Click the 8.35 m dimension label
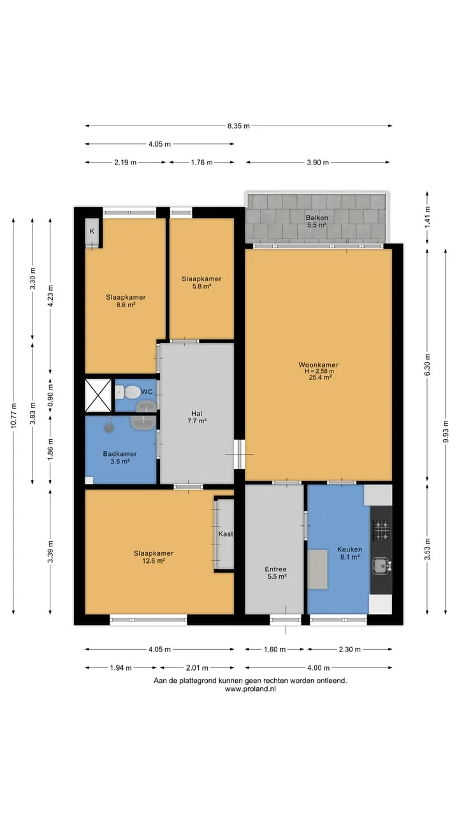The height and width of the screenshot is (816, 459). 238,126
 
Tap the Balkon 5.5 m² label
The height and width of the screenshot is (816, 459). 317,221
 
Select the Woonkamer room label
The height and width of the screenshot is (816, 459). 318,365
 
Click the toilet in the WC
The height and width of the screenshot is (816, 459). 128,392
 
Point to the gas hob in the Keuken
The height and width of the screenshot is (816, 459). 381,531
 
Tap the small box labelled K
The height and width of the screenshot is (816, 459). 92,231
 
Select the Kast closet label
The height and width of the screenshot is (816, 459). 226,534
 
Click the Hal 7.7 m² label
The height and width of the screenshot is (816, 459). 197,417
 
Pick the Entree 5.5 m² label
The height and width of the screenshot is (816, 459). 276,572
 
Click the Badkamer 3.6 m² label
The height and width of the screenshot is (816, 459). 120,458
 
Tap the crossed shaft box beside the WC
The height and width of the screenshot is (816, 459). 98,395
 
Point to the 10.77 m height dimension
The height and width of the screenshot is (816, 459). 13,416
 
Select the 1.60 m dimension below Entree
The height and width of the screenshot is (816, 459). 275,649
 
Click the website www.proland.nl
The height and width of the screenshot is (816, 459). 251,689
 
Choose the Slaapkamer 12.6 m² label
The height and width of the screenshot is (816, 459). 154,557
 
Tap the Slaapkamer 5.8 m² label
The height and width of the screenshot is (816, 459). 201,282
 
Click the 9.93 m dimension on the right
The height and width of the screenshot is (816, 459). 446,432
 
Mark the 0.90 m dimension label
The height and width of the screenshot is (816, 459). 50,395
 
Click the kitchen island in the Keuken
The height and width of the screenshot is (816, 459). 317,569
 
